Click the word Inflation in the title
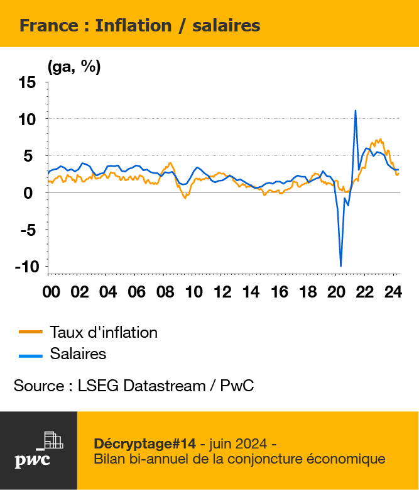(133, 25)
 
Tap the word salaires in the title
(226, 25)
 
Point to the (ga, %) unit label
(74, 67)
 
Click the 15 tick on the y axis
(27, 83)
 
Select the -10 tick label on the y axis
(27, 267)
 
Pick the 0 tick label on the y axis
(28, 193)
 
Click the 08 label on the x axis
(165, 292)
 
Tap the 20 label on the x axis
(336, 292)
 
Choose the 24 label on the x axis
(393, 292)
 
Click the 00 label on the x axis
(51, 292)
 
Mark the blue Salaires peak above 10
(356, 111)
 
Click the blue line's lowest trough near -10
(340, 266)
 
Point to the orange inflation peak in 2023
(380, 140)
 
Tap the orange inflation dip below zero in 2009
(185, 198)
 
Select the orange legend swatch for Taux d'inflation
(31, 332)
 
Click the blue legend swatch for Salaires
(31, 356)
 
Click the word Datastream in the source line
(165, 386)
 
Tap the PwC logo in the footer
(39, 450)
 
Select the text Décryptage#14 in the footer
(144, 444)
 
